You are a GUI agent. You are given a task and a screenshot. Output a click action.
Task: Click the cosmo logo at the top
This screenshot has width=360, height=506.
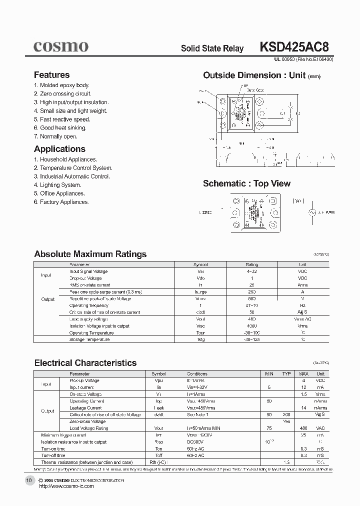61,46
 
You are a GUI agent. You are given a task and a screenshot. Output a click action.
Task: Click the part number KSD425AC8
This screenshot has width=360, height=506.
294,47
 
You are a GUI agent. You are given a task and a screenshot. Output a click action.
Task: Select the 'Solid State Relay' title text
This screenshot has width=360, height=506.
212,48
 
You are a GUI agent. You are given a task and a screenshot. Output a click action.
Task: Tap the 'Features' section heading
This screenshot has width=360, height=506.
51,75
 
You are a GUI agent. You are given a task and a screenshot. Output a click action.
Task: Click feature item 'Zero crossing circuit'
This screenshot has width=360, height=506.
62,94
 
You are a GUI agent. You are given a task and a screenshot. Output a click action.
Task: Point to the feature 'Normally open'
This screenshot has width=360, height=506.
55,136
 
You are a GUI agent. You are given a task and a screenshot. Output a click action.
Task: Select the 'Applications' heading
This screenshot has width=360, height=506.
59,149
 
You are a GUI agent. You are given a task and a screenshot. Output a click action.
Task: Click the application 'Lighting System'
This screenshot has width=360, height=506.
57,185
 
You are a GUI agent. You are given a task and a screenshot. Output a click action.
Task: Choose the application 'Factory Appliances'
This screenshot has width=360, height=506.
61,202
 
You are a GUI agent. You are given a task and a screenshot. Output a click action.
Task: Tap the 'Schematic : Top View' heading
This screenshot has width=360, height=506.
246,183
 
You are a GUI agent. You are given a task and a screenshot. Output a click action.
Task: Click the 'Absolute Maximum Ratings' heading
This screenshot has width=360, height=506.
90,254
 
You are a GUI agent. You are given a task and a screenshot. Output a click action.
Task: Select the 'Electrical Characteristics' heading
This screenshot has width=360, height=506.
85,363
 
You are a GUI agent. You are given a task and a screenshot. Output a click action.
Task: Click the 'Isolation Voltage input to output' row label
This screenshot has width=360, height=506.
99,326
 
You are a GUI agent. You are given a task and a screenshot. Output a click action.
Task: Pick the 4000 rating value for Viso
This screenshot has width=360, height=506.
251,326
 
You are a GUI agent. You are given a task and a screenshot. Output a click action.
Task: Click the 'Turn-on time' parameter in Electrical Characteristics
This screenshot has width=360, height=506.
53,448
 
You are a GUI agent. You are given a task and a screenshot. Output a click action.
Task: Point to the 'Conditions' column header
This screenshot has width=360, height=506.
197,373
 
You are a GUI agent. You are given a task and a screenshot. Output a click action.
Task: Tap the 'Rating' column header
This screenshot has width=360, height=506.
251,264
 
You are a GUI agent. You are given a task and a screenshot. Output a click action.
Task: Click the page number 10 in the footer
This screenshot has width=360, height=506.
29,480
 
